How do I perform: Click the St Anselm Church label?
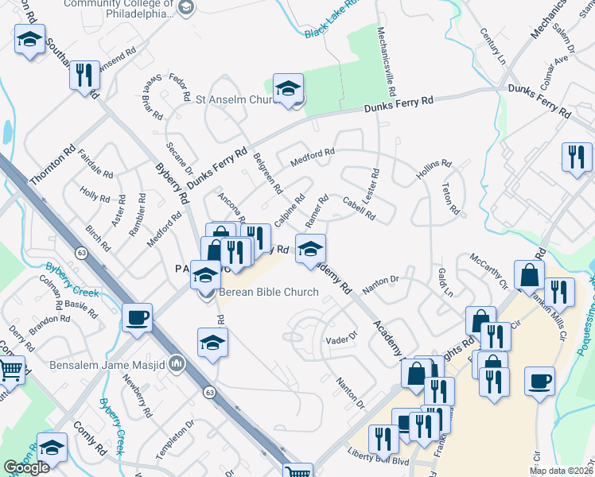click(235, 100)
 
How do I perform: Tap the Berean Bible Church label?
click(269, 292)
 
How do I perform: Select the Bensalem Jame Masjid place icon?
click(176, 365)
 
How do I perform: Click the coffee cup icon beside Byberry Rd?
click(138, 316)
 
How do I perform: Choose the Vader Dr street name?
click(344, 340)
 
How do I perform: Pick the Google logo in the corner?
click(26, 468)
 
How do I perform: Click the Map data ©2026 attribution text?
click(561, 471)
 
